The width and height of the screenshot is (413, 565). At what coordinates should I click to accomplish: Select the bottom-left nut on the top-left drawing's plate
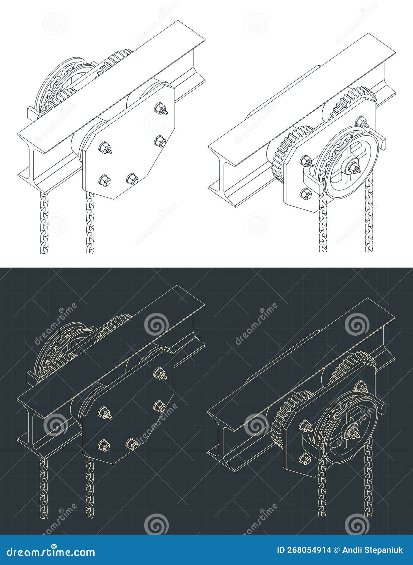103,181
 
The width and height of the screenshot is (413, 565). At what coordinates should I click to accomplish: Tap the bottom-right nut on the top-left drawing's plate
132,179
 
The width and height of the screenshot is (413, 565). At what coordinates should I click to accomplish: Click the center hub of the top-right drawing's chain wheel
353,165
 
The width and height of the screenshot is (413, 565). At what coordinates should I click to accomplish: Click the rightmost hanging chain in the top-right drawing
369,214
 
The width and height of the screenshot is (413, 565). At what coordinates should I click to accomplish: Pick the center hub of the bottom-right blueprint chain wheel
353,433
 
